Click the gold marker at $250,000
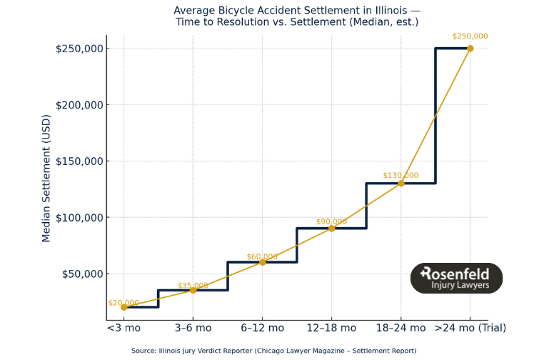pyautogui.click(x=470, y=49)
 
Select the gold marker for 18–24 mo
pyautogui.click(x=401, y=184)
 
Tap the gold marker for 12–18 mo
pyautogui.click(x=332, y=229)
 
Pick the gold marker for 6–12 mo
pyautogui.click(x=262, y=262)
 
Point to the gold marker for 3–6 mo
pyautogui.click(x=193, y=290)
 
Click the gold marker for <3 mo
pyautogui.click(x=124, y=307)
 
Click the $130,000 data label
pyautogui.click(x=401, y=175)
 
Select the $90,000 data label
pyautogui.click(x=331, y=221)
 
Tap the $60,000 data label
pyautogui.click(x=262, y=256)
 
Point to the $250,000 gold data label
pyautogui.click(x=470, y=36)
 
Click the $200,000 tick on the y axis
pyautogui.click(x=79, y=105)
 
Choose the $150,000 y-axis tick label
pyautogui.click(x=79, y=161)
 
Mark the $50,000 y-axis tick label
pyautogui.click(x=81, y=274)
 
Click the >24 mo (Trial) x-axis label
pyautogui.click(x=470, y=328)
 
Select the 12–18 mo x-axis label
pyautogui.click(x=331, y=328)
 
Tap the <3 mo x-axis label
pyautogui.click(x=124, y=328)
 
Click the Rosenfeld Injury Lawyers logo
pyautogui.click(x=456, y=278)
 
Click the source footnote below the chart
pyautogui.click(x=273, y=351)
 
